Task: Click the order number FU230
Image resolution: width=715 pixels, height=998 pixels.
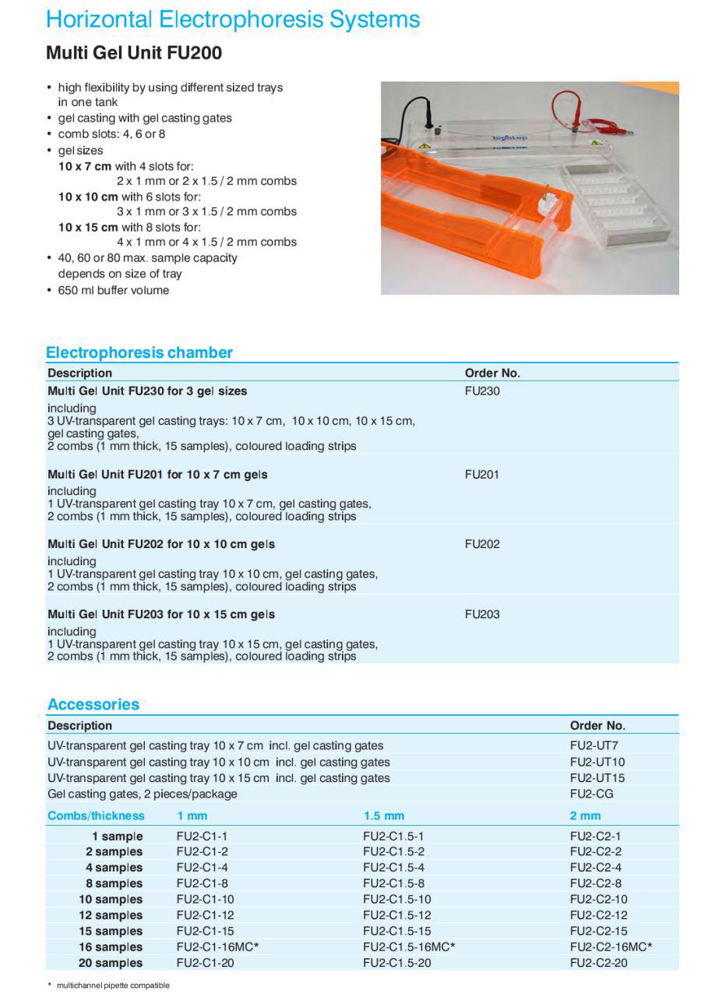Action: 482,391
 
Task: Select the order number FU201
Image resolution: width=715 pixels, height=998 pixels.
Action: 482,475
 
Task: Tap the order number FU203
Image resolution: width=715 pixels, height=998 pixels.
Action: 482,614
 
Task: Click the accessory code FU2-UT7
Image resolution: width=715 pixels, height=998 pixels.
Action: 594,746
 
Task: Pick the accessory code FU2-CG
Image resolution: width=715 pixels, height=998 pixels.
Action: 591,794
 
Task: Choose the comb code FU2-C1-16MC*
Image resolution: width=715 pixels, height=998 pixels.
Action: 217,947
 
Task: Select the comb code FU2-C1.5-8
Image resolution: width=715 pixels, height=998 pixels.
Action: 393,883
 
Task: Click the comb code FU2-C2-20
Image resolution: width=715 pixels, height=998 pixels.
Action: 598,963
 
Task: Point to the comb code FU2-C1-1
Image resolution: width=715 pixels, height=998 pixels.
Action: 202,836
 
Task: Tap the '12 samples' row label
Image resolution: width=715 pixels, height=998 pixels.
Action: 111,915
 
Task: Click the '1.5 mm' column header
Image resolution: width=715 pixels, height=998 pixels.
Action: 384,816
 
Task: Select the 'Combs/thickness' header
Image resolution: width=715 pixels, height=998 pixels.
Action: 96,816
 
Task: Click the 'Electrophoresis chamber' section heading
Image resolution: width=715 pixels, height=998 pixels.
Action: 139,352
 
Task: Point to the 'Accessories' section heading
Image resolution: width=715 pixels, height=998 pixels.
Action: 93,705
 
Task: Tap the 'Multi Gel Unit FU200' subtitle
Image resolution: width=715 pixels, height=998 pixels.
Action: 134,53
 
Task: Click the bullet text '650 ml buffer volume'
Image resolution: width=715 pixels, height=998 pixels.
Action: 113,290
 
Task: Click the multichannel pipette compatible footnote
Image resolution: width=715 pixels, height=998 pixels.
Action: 112,986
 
